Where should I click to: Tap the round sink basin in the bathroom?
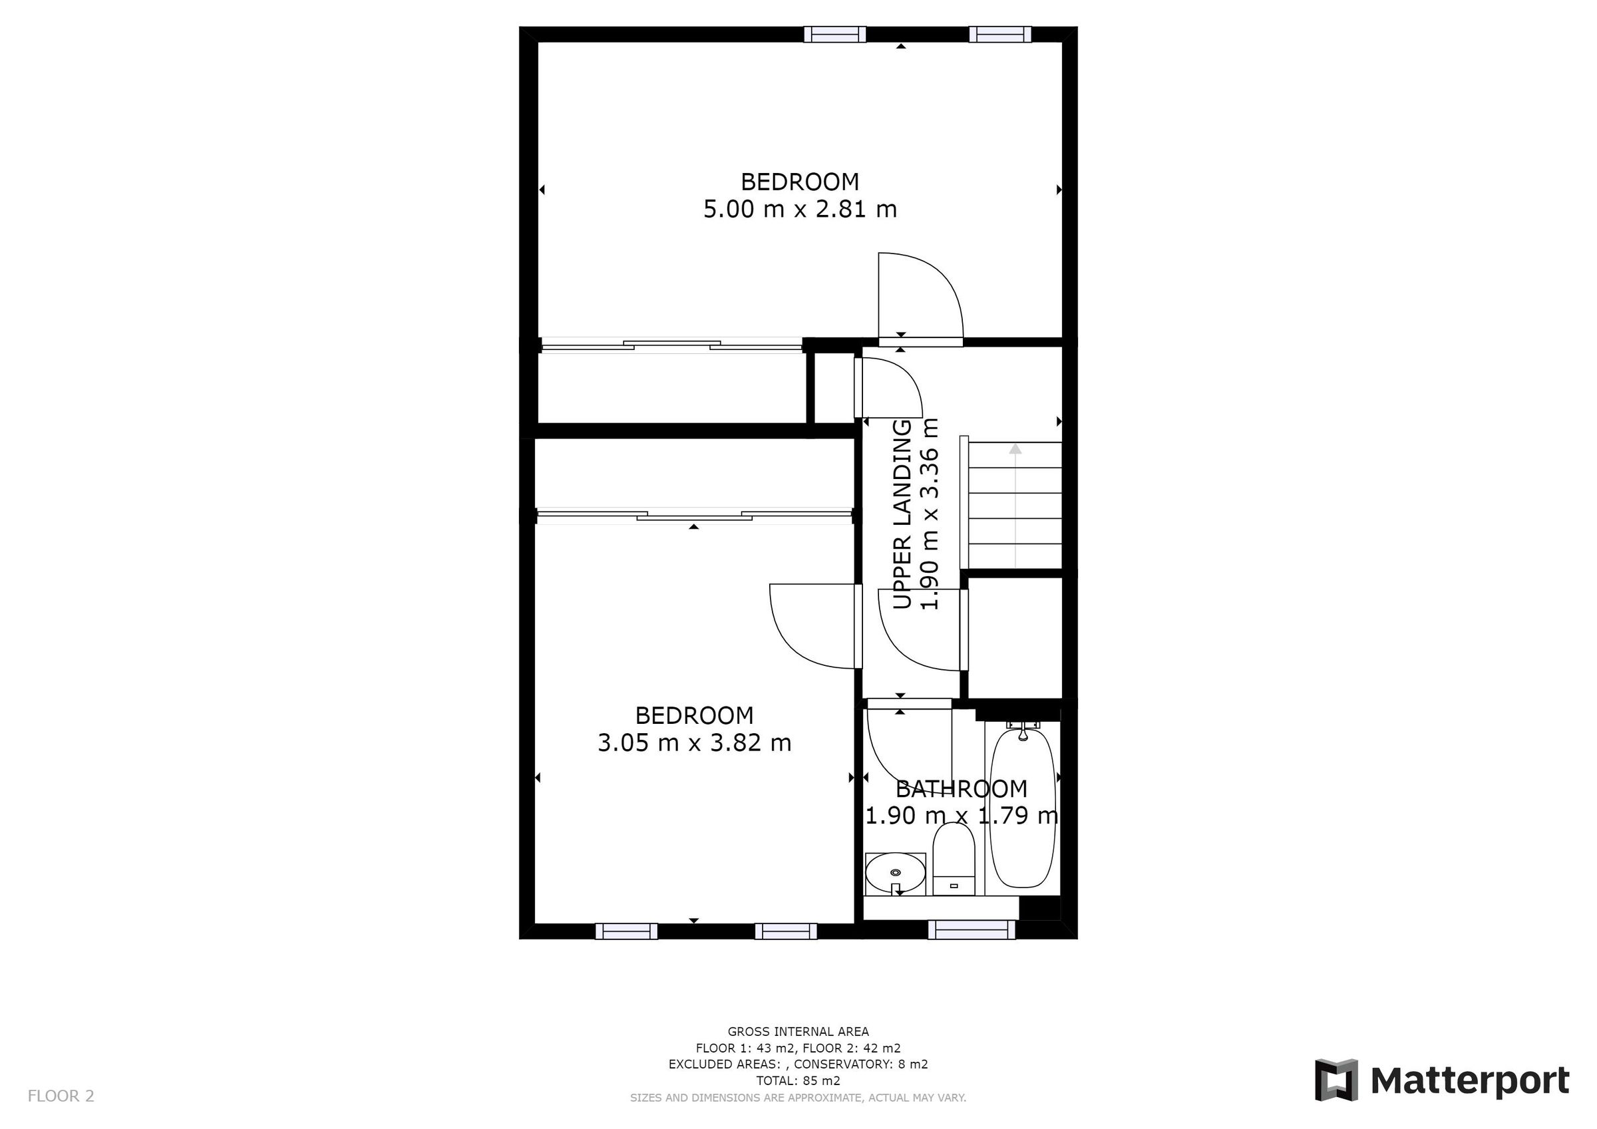(895, 872)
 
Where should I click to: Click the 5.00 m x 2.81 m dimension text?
(800, 209)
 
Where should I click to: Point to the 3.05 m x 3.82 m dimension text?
(694, 743)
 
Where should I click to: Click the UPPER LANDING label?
(902, 514)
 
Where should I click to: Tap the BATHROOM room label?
(962, 789)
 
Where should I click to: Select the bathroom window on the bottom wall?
(972, 929)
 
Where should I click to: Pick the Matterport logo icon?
(1336, 1080)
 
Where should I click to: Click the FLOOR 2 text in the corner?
(61, 1096)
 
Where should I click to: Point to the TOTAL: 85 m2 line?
(798, 1080)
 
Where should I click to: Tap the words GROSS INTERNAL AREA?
(798, 1032)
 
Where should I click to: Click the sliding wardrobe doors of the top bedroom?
(671, 345)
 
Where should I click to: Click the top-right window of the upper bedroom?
(999, 34)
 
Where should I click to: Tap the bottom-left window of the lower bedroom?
(626, 931)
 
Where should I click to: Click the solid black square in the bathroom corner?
(1039, 908)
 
